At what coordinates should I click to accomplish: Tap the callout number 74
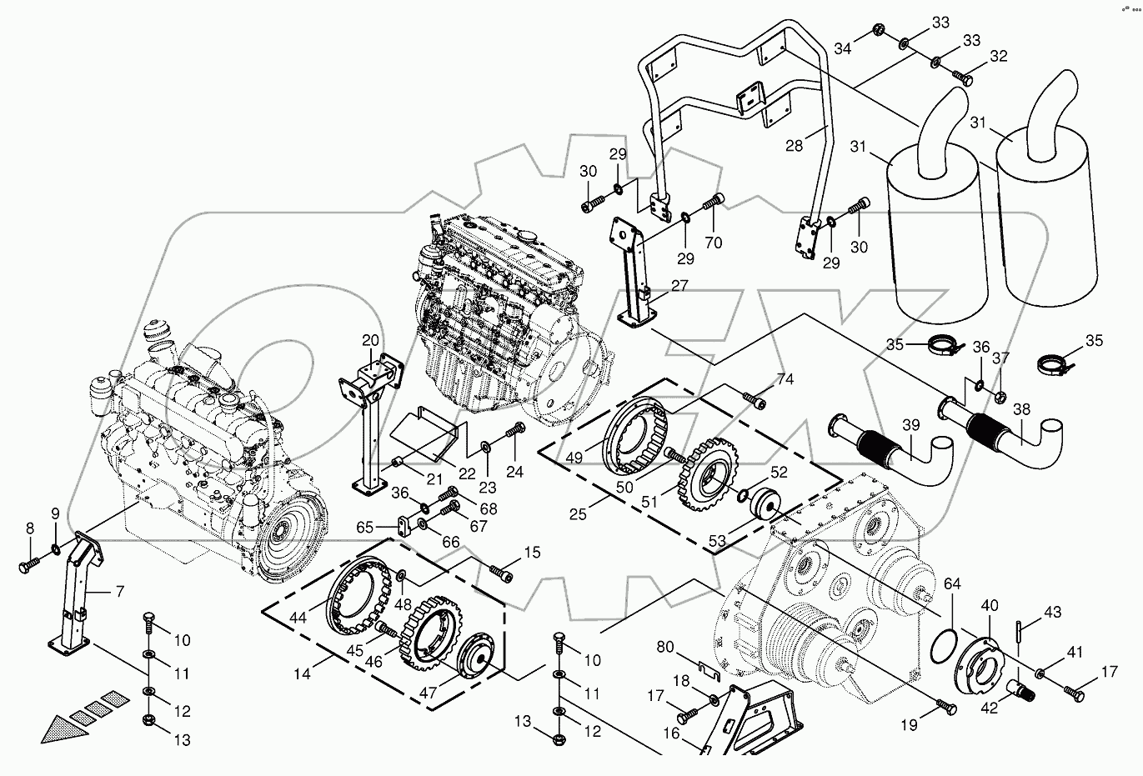(x=785, y=378)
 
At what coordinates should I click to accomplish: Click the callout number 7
(x=119, y=593)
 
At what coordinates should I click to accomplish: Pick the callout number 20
(x=370, y=340)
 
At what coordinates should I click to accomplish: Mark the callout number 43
(x=1053, y=612)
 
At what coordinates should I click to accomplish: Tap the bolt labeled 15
(x=501, y=573)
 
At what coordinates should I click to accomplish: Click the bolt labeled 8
(x=27, y=567)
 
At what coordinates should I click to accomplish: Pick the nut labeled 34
(x=877, y=31)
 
